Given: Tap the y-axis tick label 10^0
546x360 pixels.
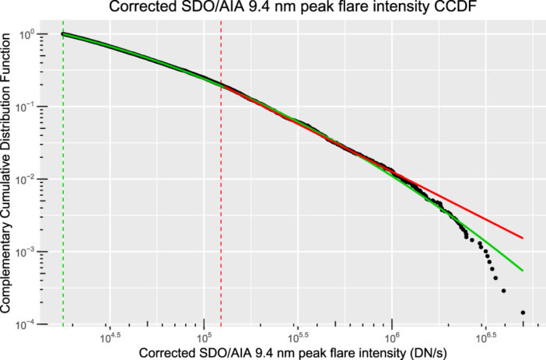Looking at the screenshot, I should coord(30,34).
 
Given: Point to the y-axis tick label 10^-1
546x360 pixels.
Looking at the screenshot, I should coord(28,107).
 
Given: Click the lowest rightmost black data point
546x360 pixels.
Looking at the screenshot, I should coord(523,313).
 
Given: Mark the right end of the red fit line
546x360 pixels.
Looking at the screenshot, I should coord(523,238).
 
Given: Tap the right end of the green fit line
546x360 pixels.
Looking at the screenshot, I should coord(523,271).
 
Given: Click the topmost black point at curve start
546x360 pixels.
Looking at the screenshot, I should coord(63,34).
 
